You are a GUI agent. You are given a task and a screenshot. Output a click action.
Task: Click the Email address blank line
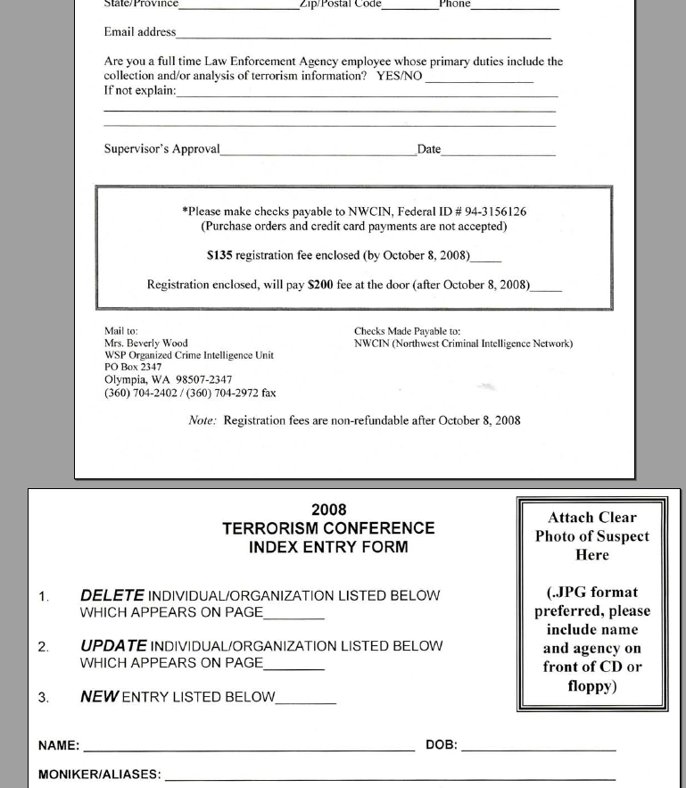coord(363,37)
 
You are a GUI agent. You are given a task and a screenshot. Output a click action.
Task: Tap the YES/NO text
coord(399,77)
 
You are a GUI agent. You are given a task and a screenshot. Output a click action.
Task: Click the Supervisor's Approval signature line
coord(318,153)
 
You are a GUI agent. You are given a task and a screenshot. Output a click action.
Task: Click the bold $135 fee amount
coord(219,256)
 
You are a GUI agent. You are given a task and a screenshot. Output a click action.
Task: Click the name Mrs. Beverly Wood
coord(146,344)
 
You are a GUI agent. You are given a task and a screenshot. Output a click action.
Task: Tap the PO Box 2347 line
coord(133,367)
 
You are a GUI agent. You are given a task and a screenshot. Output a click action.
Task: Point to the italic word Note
coord(202,420)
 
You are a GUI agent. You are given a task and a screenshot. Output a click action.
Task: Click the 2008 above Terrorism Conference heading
coord(328,510)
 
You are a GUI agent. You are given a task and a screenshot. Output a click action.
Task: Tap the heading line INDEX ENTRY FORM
coord(328,547)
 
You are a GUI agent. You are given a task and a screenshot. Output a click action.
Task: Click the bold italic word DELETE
coord(112,595)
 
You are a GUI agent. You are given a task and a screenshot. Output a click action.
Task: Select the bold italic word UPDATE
coord(113,645)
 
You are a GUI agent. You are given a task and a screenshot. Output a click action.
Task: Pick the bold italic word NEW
coord(98,697)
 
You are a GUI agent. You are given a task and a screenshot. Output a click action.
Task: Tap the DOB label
coord(442,745)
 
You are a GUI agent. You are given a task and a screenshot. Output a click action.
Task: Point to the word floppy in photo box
coord(592,686)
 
